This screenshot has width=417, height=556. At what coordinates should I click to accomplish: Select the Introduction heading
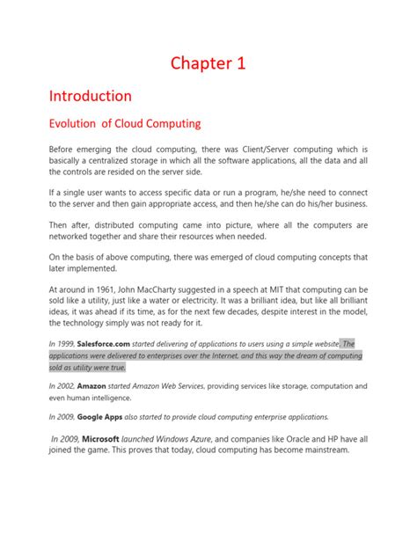pos(90,95)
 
